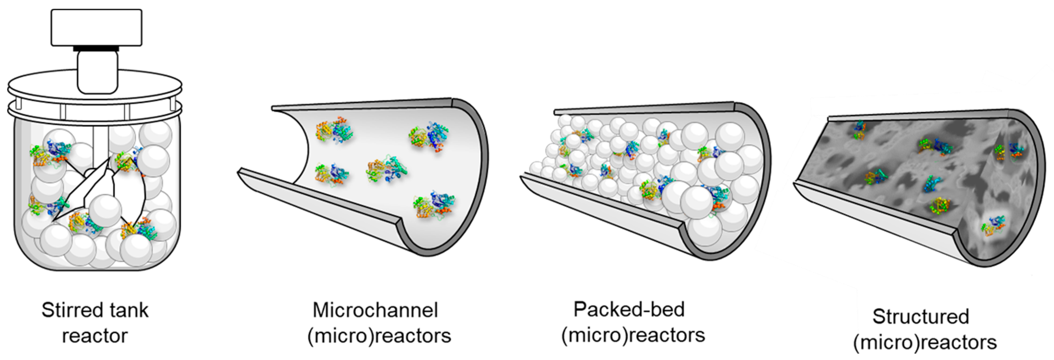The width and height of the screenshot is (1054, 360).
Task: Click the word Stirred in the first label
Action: pos(68,310)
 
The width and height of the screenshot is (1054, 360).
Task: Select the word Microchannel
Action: pos(375,310)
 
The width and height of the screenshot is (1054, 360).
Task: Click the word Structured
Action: pos(921,317)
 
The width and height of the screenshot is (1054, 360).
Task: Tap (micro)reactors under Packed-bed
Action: pos(633,335)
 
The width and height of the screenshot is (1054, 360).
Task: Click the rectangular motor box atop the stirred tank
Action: pos(96,27)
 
